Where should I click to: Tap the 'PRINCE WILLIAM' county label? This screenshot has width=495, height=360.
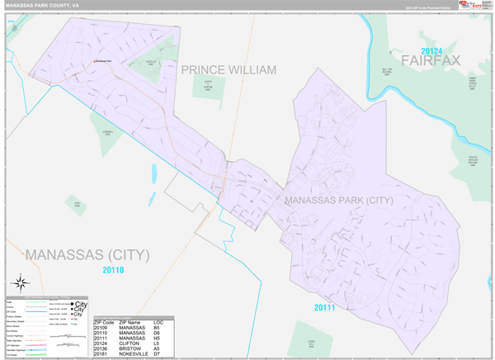(229, 70)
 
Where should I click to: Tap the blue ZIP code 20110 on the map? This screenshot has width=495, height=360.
(113, 270)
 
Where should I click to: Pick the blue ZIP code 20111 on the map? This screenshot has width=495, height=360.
(325, 308)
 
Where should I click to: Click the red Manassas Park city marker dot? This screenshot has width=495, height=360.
(93, 62)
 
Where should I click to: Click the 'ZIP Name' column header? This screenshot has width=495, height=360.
(132, 321)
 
